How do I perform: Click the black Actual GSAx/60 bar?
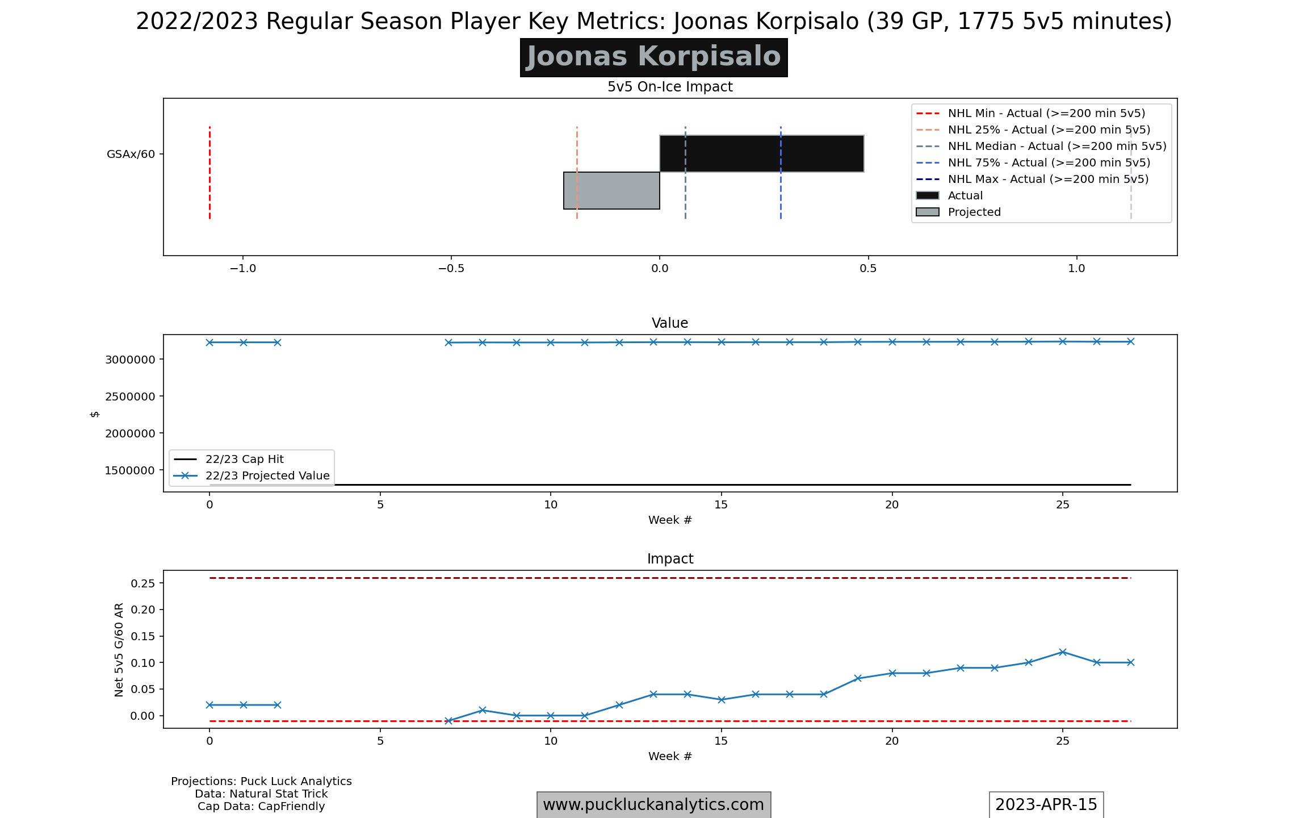coord(761,153)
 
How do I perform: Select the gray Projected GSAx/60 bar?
coord(611,190)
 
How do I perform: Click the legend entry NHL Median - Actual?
coord(1057,146)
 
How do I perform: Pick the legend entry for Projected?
coord(974,212)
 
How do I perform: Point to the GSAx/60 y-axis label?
coord(131,154)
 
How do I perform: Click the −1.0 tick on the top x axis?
coord(242,268)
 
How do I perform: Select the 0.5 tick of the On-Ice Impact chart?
coord(868,268)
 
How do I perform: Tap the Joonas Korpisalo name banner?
coord(653,57)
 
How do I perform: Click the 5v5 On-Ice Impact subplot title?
coord(670,87)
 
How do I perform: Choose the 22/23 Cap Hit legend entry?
coord(244,459)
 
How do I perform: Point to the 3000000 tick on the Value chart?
coord(130,360)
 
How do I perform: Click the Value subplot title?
coord(670,323)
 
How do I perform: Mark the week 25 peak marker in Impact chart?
coord(1063,652)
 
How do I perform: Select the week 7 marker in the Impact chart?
coord(448,721)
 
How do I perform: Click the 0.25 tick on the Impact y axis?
coord(143,583)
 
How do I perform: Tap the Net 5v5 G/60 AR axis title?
coord(119,649)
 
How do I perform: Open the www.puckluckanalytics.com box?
coord(653,804)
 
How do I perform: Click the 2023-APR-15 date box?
coord(1046,804)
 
